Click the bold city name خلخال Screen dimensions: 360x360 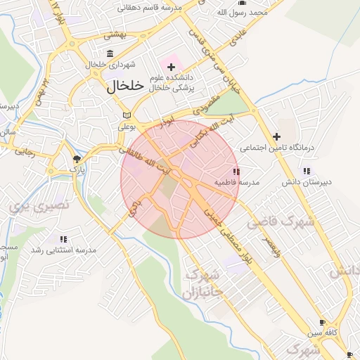coord(125,86)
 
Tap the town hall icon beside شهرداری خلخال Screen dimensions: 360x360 coord(110,53)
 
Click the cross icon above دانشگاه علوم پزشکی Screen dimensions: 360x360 coord(171,67)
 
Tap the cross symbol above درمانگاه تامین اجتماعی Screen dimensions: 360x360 coord(277,136)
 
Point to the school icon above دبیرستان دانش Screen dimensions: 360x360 coord(306,170)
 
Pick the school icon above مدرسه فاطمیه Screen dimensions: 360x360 coord(236,172)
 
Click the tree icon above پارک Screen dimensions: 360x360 coord(77,159)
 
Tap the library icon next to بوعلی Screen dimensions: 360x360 coord(127,115)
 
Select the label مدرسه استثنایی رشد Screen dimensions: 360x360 coord(64,250)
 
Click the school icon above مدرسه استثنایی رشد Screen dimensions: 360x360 coord(64,239)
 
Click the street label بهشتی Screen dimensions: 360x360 coord(113,34)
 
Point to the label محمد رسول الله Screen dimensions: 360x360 coord(251,13)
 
